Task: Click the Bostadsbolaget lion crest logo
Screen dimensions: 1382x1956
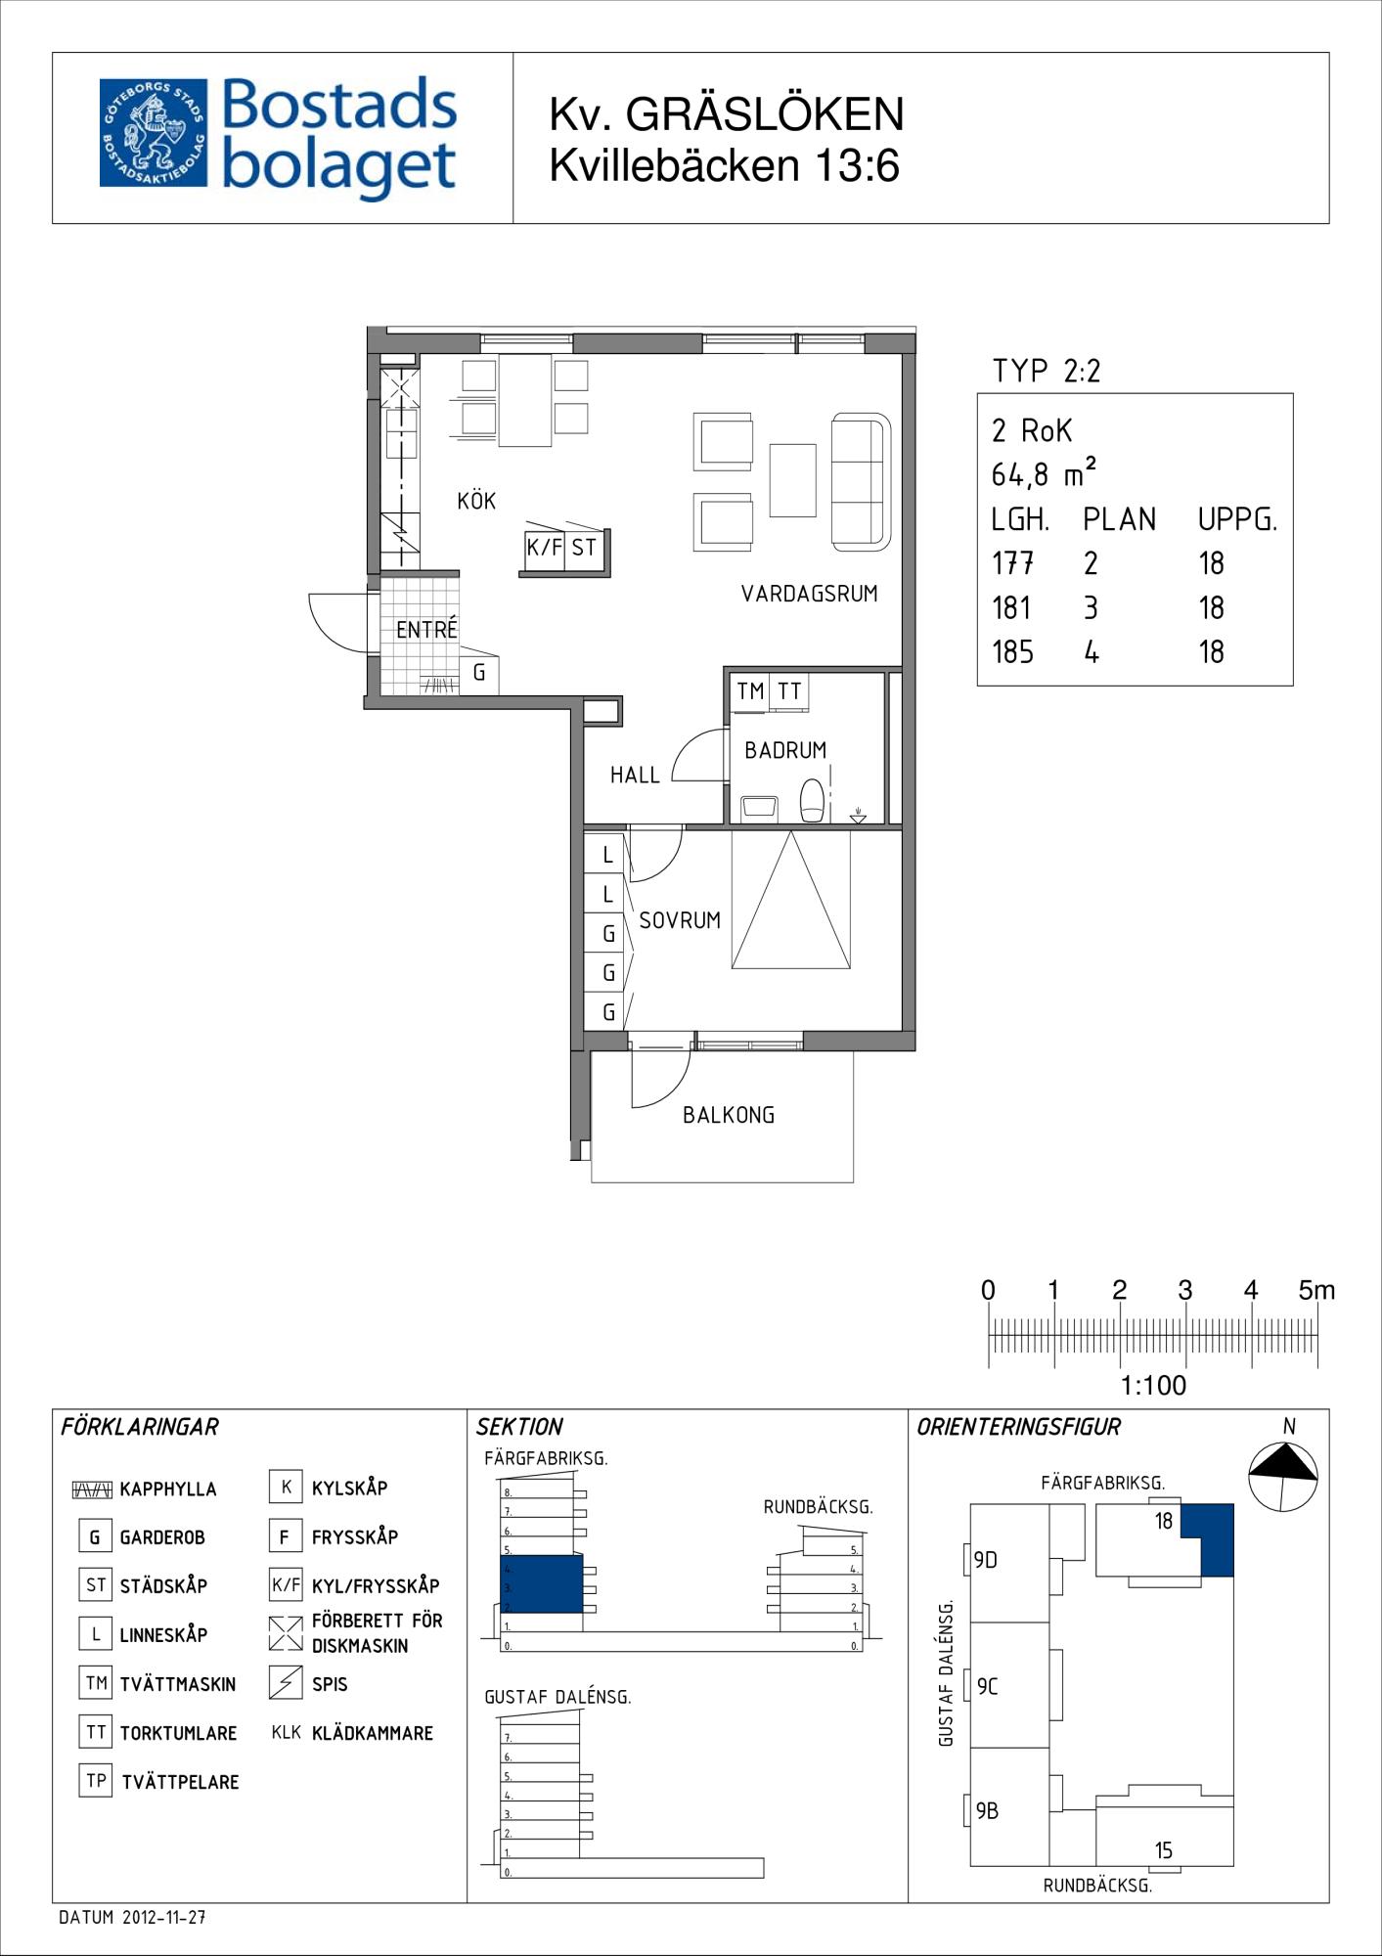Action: (x=154, y=133)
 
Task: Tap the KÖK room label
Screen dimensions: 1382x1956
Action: (x=476, y=501)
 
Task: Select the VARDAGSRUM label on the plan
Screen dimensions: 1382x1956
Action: (x=809, y=594)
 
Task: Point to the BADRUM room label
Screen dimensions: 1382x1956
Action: (x=785, y=750)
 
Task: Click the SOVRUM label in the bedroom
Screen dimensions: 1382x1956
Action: (x=680, y=920)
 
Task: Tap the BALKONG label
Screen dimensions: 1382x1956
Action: (x=729, y=1115)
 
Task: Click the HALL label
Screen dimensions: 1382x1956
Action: (x=635, y=776)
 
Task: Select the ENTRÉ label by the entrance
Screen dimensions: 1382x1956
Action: (x=426, y=629)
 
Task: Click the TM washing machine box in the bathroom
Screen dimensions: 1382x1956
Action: (x=750, y=691)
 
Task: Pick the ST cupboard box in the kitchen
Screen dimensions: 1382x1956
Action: (x=584, y=548)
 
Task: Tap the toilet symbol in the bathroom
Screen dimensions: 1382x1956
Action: (x=812, y=800)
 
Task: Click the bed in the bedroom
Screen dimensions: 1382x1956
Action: (x=791, y=900)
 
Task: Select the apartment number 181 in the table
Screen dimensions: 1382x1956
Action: (x=1011, y=608)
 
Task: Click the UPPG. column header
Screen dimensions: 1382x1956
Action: (x=1237, y=519)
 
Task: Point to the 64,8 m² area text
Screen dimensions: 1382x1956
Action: (x=1043, y=474)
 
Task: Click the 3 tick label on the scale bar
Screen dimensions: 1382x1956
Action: (x=1184, y=1291)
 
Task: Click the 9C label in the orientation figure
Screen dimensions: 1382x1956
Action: (x=987, y=1686)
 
